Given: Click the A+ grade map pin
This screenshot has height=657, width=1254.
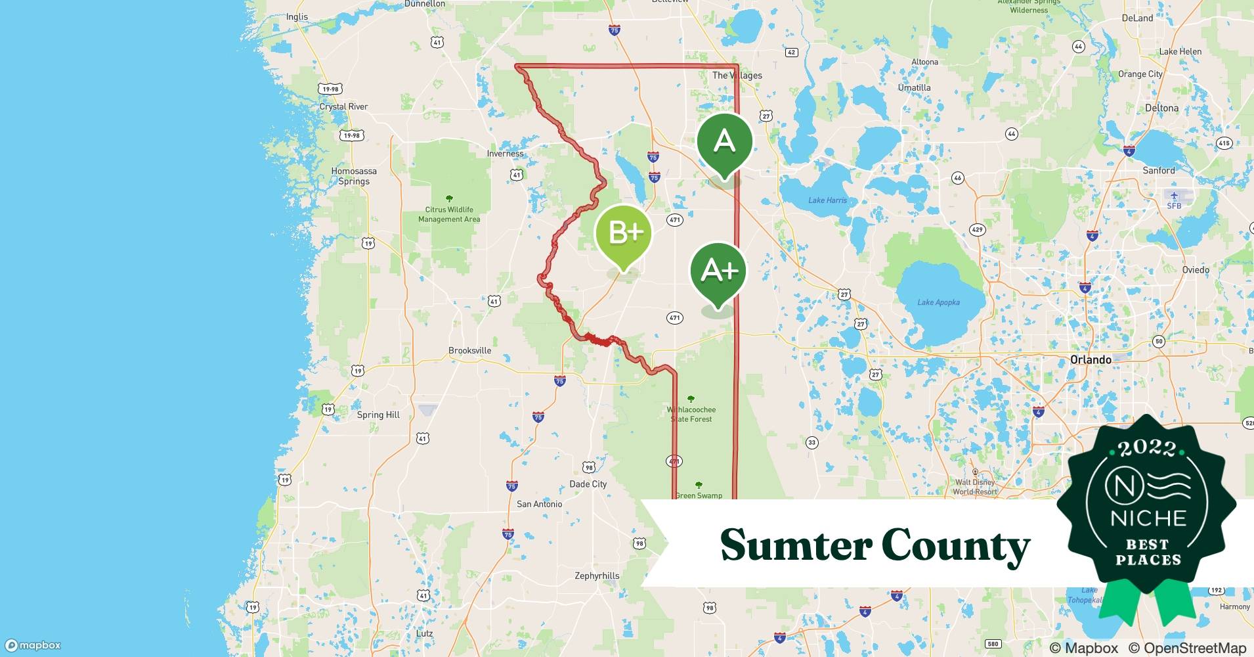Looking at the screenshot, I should (718, 271).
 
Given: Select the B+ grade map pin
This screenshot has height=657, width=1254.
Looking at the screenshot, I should (623, 233).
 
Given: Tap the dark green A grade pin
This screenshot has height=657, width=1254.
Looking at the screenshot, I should (724, 141).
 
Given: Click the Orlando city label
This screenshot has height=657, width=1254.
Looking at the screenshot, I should (1091, 359).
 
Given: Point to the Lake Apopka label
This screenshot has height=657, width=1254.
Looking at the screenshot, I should (938, 302).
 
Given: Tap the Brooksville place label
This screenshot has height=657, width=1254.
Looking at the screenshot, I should (469, 350).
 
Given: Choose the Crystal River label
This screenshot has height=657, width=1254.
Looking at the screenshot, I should (343, 106).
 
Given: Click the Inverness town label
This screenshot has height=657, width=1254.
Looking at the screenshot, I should (505, 154).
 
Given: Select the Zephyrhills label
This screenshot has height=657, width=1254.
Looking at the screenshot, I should (597, 576).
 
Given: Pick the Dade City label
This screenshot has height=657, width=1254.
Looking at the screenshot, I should (588, 484).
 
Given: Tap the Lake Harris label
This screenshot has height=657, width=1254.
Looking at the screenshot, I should (827, 200).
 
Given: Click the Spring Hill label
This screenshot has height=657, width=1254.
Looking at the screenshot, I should (378, 415).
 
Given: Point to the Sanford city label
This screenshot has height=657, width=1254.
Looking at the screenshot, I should (1158, 170).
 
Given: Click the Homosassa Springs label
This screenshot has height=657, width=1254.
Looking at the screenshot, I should (354, 176).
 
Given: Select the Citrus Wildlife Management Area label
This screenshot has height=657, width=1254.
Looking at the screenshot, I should (449, 214).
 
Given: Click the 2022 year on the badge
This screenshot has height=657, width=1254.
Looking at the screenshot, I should (1147, 448).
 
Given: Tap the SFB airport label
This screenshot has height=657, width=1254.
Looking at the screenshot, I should (1174, 206).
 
